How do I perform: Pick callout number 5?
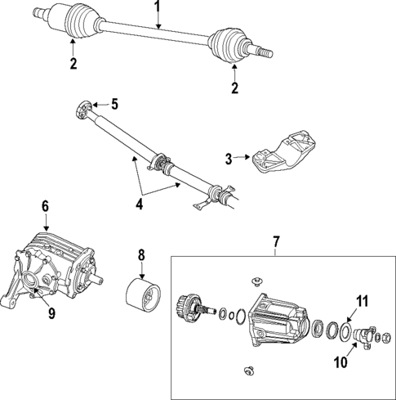click(114, 104)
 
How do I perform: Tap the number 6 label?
click(46, 208)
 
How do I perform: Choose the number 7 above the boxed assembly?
click(275, 242)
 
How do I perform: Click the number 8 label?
click(140, 255)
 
